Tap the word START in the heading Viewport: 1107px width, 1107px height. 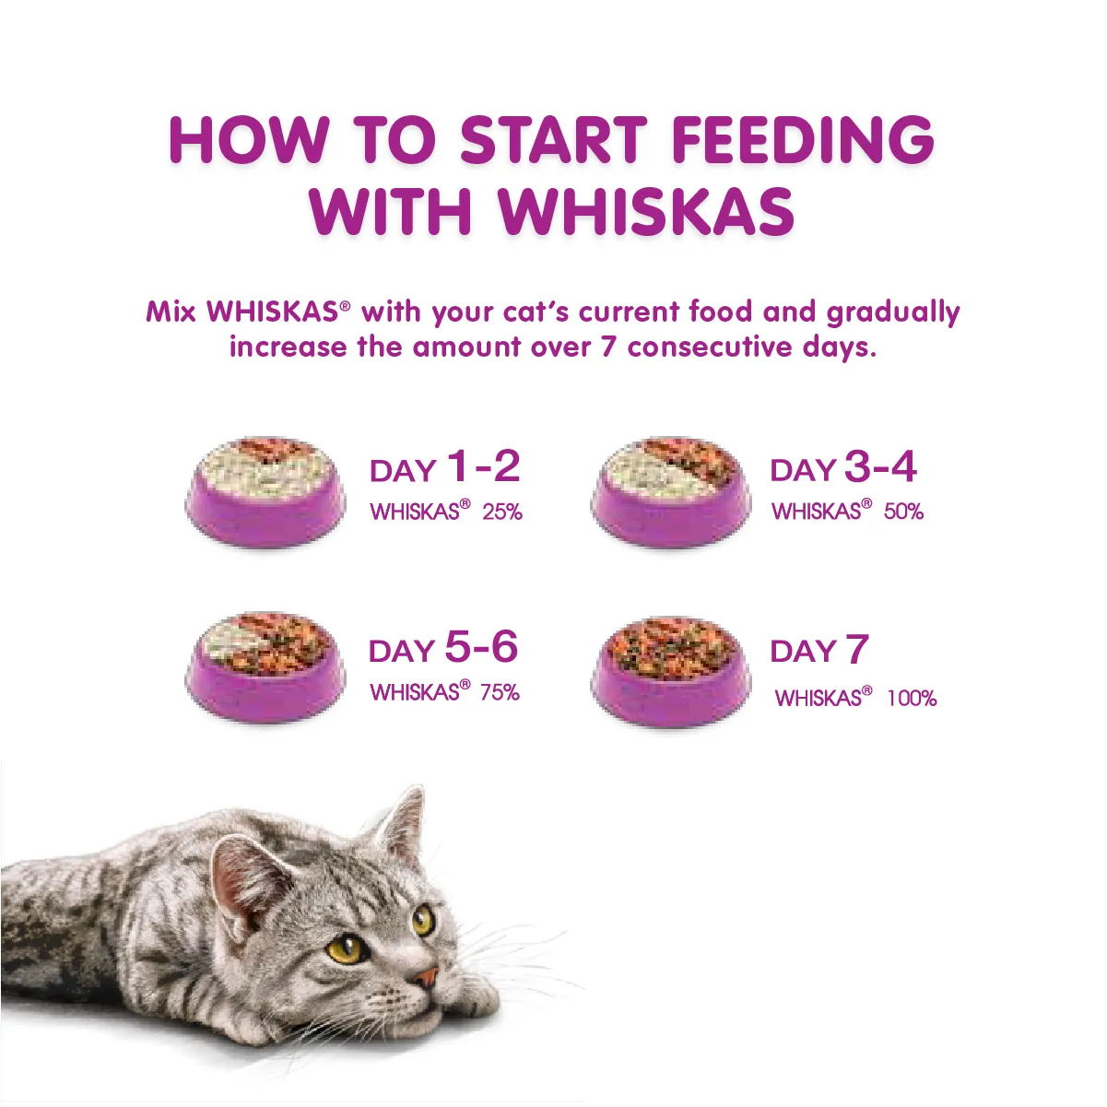tap(553, 140)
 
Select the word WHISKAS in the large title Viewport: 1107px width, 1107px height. tap(646, 211)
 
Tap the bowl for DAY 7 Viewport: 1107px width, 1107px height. tap(670, 670)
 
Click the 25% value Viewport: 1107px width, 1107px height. tap(502, 512)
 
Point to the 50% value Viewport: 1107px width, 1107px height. tap(903, 512)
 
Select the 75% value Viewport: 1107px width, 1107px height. tap(500, 692)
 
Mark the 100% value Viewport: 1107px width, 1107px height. tap(912, 699)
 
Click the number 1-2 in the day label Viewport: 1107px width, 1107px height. tap(483, 467)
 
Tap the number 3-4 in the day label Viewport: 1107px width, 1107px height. tap(880, 467)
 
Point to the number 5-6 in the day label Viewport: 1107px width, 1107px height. tap(481, 648)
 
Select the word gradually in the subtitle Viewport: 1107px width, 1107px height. tap(893, 312)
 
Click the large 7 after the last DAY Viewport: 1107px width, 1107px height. tap(857, 650)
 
